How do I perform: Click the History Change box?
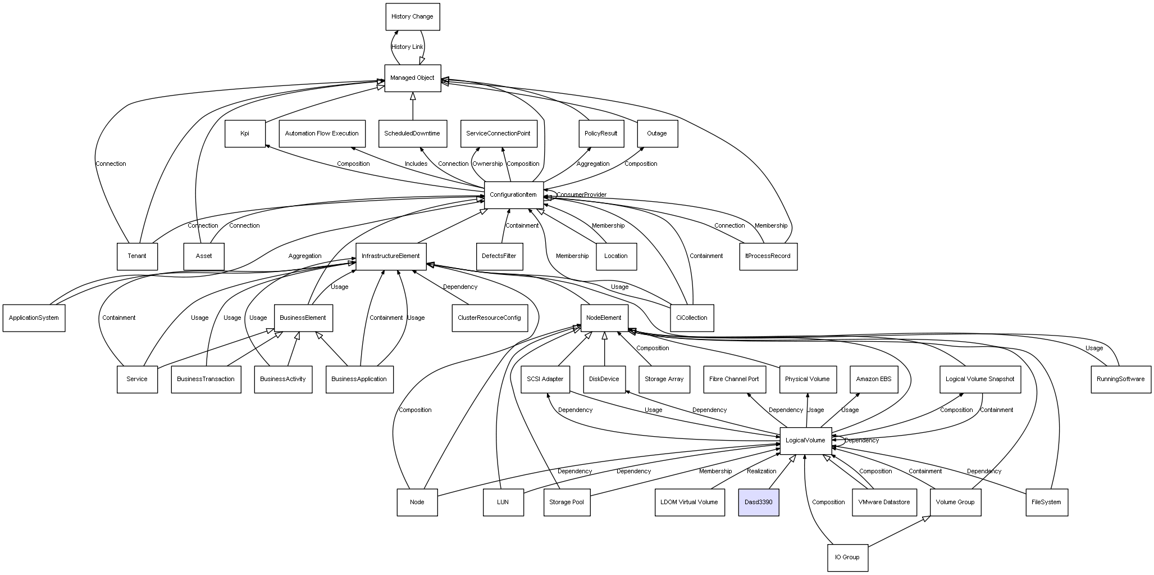pos(412,17)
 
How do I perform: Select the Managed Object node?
pos(412,78)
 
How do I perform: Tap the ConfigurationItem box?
pos(513,195)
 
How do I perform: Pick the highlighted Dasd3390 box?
pos(758,502)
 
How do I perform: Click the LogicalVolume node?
pos(805,441)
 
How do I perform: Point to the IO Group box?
pos(847,558)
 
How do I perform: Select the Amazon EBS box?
pos(873,379)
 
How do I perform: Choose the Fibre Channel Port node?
pos(734,379)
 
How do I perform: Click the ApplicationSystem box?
pos(34,318)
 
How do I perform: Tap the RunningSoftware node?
pos(1120,379)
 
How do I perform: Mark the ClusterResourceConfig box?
pos(489,318)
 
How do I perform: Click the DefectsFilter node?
pos(499,256)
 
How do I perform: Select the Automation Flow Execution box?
pos(322,134)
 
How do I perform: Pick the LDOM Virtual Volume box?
pos(689,502)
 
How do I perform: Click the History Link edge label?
pos(407,47)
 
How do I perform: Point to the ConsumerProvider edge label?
pos(581,195)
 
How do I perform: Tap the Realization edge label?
pos(761,471)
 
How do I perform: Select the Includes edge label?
pos(416,164)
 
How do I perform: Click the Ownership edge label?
pos(487,164)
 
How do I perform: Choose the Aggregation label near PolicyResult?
pos(593,164)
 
